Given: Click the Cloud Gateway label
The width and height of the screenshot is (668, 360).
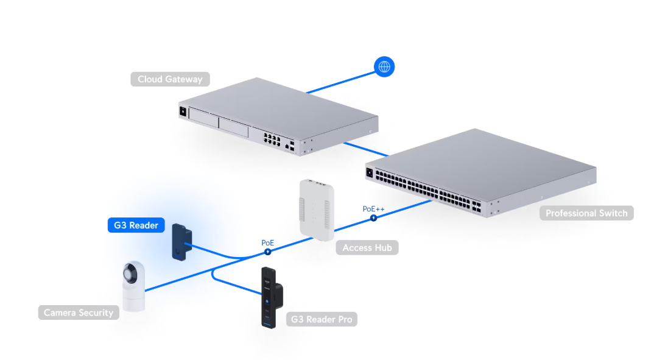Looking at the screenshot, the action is pos(170,79).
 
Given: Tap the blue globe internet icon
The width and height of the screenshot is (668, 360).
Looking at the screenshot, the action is pos(384,67).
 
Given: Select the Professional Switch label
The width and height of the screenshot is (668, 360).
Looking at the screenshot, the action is pos(586,213).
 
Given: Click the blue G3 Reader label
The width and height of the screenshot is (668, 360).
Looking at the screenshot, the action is pos(136,225).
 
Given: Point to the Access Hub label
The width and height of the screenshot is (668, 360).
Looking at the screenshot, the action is pos(367,247).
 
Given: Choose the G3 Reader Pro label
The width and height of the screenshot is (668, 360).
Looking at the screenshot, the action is pos(322,319).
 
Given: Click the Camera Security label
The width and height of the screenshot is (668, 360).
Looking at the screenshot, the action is pos(79,312).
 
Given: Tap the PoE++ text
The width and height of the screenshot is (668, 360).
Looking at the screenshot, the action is pos(374,209).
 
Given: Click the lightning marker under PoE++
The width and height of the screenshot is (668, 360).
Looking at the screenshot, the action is pos(374,218).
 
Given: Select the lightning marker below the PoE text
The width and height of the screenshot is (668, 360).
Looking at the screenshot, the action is pos(267,252).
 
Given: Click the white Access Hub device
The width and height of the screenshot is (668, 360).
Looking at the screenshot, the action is pos(317,210).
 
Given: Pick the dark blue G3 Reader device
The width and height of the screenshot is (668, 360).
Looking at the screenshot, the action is pos(182,242).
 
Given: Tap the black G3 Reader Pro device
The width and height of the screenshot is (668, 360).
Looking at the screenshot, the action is pos(272,298).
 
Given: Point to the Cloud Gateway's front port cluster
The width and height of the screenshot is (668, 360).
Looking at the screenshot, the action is pos(272,139).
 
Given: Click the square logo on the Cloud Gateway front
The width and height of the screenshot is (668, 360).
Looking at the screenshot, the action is pos(183,111).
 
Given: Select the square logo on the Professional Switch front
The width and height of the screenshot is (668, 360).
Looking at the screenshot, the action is pos(370,173).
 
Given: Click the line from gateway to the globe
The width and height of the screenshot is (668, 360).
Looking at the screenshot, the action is pos(341,82).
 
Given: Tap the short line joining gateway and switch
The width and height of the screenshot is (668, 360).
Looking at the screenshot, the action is pos(365,149).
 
